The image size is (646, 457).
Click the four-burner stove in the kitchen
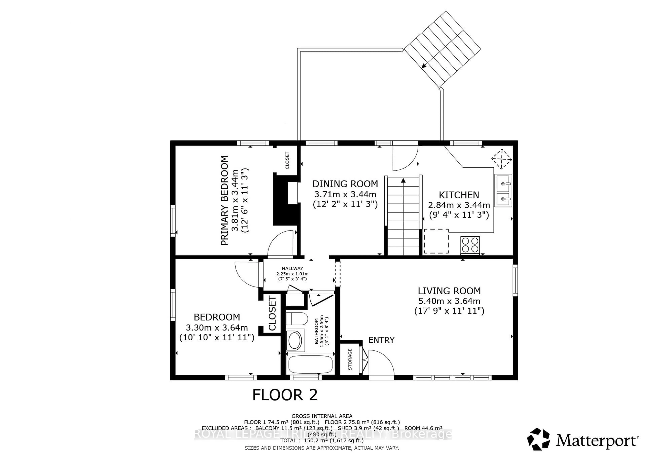click(x=470, y=245)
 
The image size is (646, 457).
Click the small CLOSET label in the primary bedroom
click(x=287, y=160)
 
